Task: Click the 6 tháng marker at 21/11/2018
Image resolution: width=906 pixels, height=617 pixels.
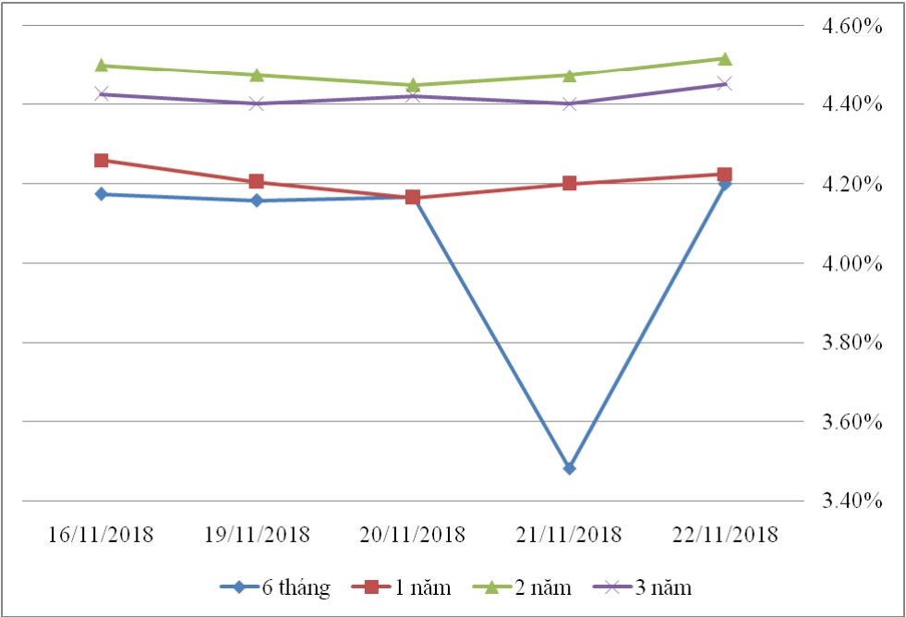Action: pos(569,468)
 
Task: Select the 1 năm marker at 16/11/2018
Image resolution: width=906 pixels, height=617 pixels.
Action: pos(102,161)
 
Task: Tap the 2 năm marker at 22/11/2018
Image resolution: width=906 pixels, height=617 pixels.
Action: pos(725,59)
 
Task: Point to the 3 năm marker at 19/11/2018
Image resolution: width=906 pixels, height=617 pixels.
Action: pos(257,103)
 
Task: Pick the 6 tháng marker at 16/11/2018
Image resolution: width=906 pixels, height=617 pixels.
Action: pos(102,194)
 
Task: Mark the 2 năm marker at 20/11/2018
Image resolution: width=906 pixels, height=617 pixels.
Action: pos(413,85)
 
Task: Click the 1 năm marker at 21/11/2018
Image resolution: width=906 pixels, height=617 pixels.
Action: pos(569,183)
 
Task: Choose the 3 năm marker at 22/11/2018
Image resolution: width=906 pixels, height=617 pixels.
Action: pos(725,84)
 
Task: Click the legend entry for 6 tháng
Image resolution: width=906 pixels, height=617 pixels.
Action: pos(275,587)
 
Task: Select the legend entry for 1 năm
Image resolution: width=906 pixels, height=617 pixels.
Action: pos(407,587)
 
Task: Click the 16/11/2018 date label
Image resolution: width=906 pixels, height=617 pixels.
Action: pos(102,535)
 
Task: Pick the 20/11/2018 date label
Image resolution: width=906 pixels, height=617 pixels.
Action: pos(413,535)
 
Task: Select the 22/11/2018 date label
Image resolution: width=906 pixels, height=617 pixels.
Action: pos(725,535)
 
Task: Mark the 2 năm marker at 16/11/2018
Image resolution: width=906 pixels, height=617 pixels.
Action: pos(102,66)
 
